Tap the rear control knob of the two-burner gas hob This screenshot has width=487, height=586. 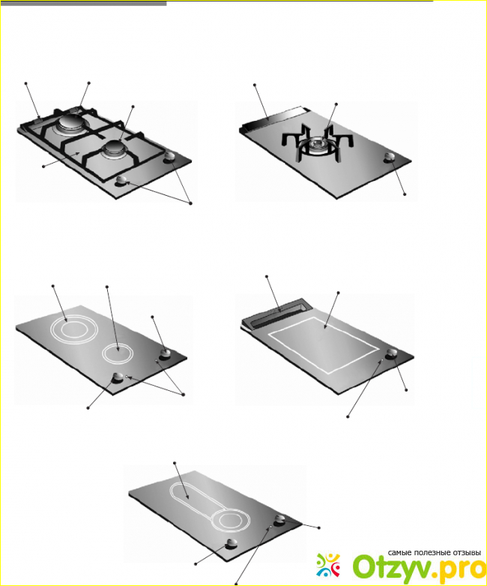pyautogui.click(x=170, y=158)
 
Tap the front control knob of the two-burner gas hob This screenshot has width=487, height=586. pyautogui.click(x=121, y=180)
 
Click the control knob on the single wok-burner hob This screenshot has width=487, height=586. pyautogui.click(x=390, y=158)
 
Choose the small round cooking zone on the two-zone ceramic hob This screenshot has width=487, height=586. pyautogui.click(x=118, y=353)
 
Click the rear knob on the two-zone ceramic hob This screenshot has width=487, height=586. pyautogui.click(x=166, y=353)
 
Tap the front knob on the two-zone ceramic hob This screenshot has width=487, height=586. pyautogui.click(x=118, y=377)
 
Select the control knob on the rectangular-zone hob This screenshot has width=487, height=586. pyautogui.click(x=392, y=353)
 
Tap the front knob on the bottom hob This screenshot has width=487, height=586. pyautogui.click(x=232, y=544)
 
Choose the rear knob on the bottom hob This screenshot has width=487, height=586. pyautogui.click(x=280, y=519)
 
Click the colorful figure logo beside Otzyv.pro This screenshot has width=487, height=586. pyautogui.click(x=328, y=565)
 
